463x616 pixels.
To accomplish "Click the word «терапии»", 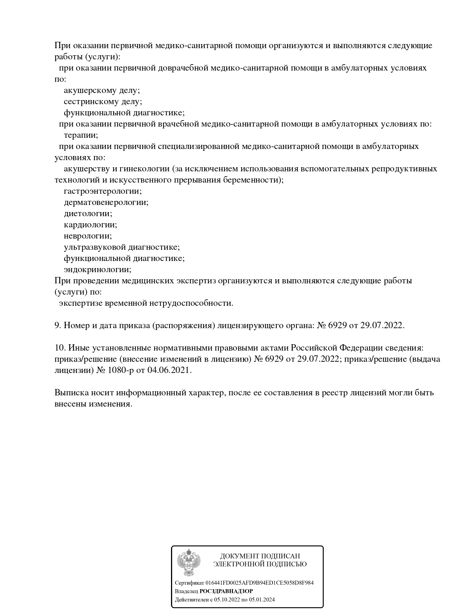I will tap(81, 135).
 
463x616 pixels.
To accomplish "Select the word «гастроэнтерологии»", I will tap(102, 191).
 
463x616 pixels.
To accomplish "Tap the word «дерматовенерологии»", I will tap(106, 202).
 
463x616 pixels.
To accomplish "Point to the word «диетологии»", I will tap(88, 214).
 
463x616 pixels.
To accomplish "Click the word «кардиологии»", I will tap(90, 225).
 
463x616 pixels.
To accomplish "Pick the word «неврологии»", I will tap(88, 236).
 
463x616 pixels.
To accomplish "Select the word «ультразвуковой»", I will tap(95, 247).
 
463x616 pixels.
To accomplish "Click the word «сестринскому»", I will tap(89, 102).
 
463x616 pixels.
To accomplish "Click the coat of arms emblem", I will tap(189, 562).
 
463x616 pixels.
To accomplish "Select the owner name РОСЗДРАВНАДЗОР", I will tap(226, 591).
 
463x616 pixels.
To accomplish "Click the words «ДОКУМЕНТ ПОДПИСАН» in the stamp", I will tap(260, 556).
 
